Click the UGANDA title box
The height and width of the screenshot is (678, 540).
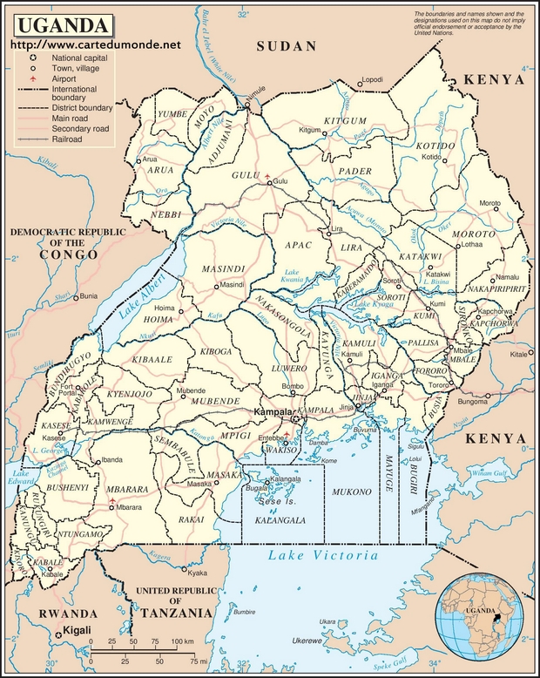[x=61, y=24]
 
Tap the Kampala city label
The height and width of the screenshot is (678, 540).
[x=271, y=410]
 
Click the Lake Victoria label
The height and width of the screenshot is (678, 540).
[x=323, y=555]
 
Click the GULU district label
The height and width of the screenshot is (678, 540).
[x=246, y=175]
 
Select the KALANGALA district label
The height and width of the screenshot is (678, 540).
[x=280, y=519]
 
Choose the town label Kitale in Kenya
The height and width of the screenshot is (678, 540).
[x=519, y=356]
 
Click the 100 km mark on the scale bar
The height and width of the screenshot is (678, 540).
[x=181, y=641]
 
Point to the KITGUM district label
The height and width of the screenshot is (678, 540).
[x=341, y=119]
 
